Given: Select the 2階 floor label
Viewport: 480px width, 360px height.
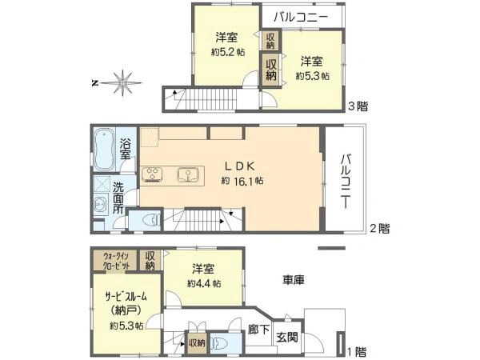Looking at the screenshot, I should pyautogui.click(x=379, y=228).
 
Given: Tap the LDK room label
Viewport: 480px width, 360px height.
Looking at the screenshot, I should pyautogui.click(x=238, y=166).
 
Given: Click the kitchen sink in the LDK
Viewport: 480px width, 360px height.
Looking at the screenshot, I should pyautogui.click(x=186, y=174).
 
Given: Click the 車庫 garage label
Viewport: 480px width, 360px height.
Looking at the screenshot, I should pyautogui.click(x=292, y=281).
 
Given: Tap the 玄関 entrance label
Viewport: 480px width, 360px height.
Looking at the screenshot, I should pyautogui.click(x=286, y=338).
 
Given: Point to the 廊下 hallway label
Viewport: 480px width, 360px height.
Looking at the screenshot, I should pyautogui.click(x=258, y=329).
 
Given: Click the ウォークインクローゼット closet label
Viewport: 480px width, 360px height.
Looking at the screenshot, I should pyautogui.click(x=115, y=261).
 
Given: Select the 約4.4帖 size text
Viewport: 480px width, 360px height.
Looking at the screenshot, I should pyautogui.click(x=202, y=282).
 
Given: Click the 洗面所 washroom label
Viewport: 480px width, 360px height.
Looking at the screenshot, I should pyautogui.click(x=118, y=197).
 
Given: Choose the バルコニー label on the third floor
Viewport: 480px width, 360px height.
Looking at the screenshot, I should pyautogui.click(x=300, y=15).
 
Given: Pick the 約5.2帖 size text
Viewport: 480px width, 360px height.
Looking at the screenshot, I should pyautogui.click(x=226, y=52).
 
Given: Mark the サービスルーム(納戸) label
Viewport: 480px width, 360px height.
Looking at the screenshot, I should pyautogui.click(x=126, y=302).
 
